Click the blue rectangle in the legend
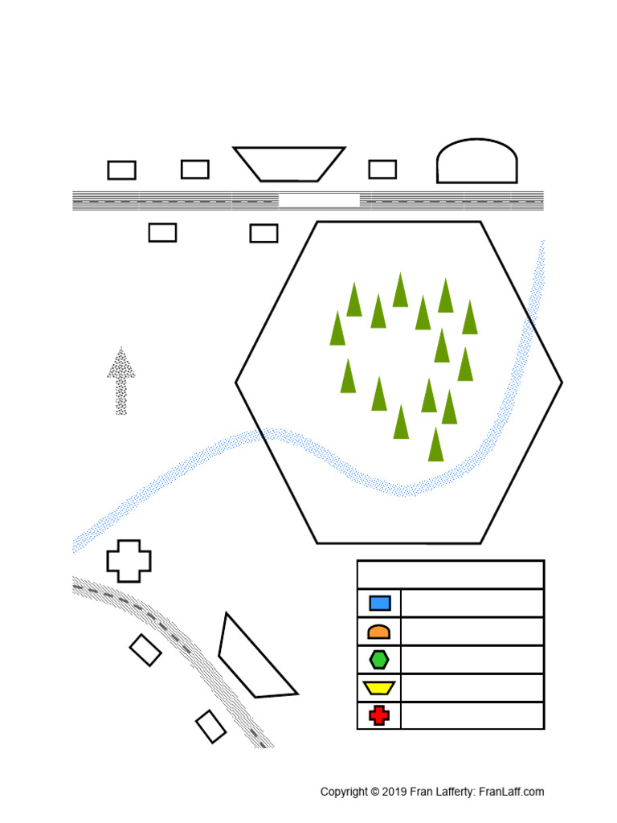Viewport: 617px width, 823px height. coord(380,603)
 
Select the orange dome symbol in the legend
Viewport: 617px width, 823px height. coord(379,632)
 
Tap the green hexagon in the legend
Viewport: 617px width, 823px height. coord(379,660)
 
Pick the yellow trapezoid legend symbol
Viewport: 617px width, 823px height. coord(379,688)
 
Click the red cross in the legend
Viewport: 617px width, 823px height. coord(379,715)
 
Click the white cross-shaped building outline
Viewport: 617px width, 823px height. coord(129,561)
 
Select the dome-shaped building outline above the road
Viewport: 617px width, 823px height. coord(476,162)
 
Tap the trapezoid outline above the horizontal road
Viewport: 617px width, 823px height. coord(289,164)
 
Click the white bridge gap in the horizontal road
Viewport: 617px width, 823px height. coord(319,200)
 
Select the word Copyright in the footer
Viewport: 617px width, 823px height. coord(344,792)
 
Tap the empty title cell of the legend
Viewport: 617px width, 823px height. coord(451,575)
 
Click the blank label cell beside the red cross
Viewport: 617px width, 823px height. coord(472,715)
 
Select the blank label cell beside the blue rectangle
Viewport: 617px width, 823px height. coord(472,603)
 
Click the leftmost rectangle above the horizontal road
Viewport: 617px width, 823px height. coord(122,170)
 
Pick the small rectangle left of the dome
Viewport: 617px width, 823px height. coord(382,170)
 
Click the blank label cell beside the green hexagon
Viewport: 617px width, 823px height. coord(472,660)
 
